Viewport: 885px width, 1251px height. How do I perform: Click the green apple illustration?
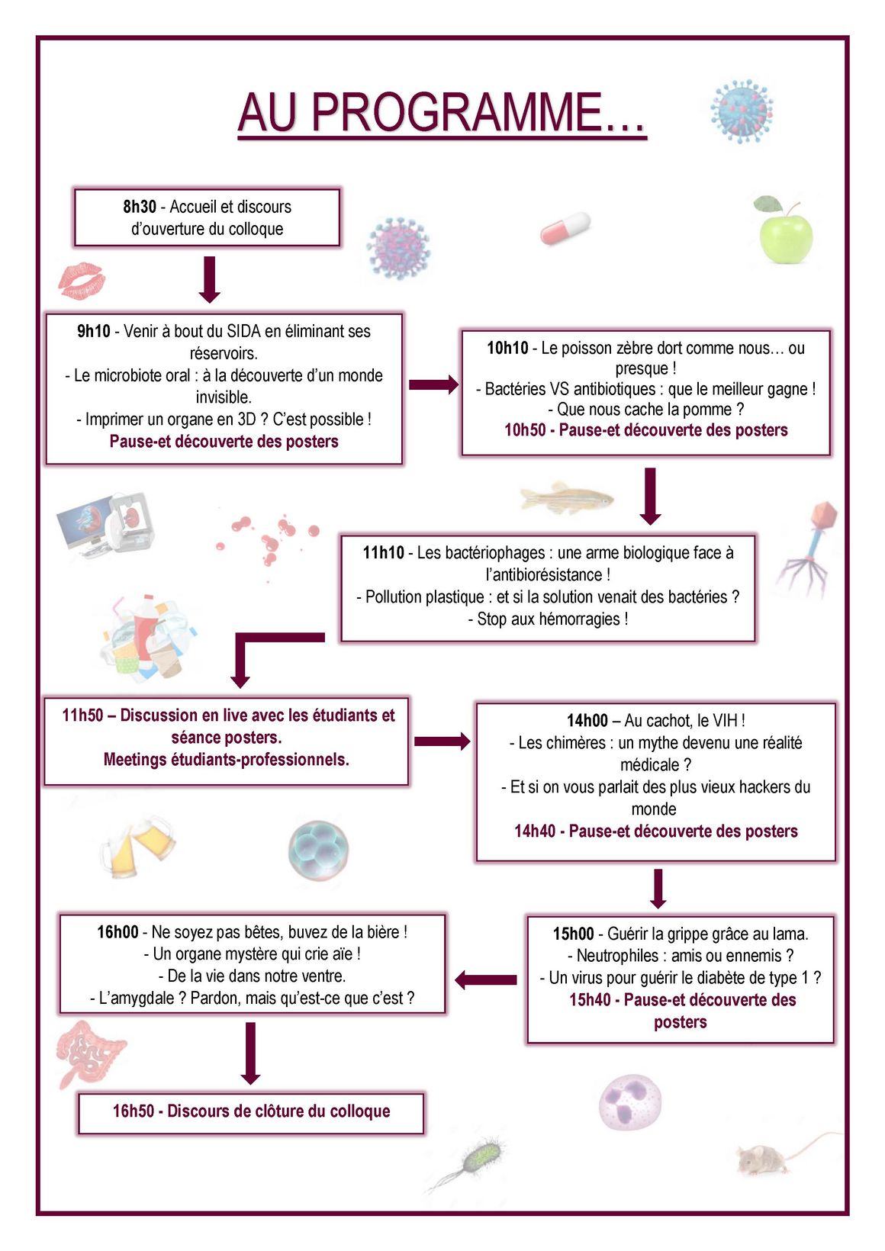pyautogui.click(x=784, y=230)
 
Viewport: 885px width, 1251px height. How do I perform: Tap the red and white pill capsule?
pyautogui.click(x=565, y=228)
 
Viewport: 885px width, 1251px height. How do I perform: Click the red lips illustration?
pyautogui.click(x=82, y=281)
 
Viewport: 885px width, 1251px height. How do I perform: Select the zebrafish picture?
pyautogui.click(x=567, y=497)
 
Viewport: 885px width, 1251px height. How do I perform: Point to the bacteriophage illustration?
pyautogui.click(x=809, y=548)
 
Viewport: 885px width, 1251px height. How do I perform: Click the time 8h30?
pyautogui.click(x=140, y=207)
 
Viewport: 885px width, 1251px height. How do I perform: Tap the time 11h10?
pyautogui.click(x=383, y=553)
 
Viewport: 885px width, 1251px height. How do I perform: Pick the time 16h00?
pyautogui.click(x=117, y=933)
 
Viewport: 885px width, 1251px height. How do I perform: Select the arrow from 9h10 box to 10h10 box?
pyautogui.click(x=434, y=384)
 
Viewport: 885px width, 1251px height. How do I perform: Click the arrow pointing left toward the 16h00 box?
pyautogui.click(x=485, y=979)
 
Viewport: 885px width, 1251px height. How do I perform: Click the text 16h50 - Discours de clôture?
pyautogui.click(x=252, y=1111)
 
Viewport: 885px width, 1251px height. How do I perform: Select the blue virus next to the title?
pyautogui.click(x=742, y=111)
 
